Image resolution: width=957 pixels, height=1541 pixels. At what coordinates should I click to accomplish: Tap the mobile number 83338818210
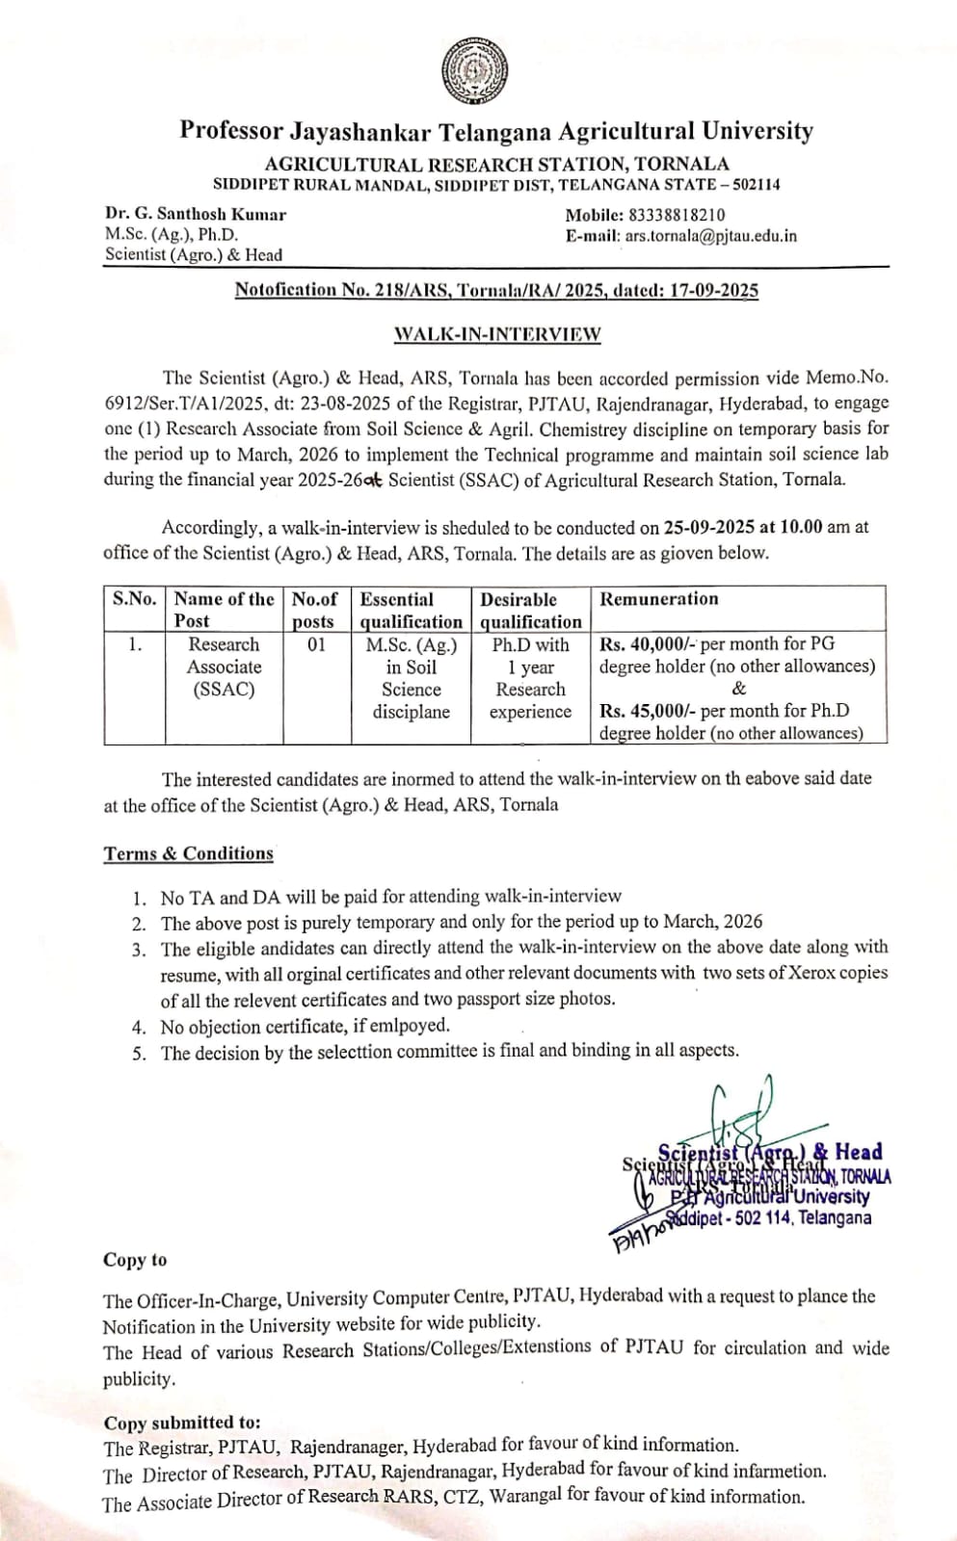tap(678, 215)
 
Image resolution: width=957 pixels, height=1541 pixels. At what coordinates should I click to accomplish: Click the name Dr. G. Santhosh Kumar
tap(196, 215)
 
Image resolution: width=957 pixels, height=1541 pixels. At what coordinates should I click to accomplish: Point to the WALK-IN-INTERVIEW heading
tap(497, 334)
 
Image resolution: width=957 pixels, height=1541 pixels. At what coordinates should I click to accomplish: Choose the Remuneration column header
tap(659, 599)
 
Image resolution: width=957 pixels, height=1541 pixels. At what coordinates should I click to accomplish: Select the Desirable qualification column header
tap(530, 611)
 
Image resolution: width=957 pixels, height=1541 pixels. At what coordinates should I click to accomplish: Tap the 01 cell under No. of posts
tap(316, 644)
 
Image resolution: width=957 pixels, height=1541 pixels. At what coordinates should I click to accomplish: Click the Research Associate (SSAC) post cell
tap(224, 666)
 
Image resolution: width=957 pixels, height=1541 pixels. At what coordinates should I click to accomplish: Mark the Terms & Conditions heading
tap(189, 853)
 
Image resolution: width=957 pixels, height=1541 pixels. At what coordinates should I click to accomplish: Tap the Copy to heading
tap(135, 1260)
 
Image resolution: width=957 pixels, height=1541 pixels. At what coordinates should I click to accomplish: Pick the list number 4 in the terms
tap(141, 1027)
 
